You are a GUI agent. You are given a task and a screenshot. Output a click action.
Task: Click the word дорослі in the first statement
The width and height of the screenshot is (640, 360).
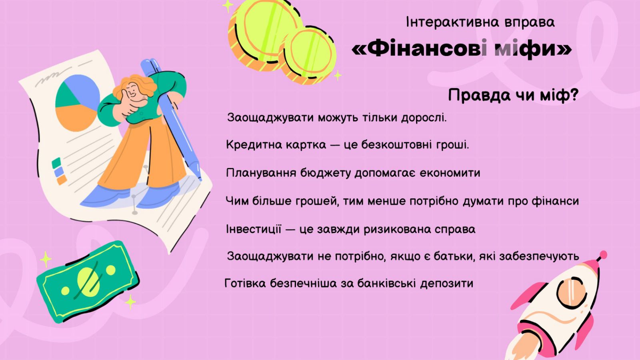424,118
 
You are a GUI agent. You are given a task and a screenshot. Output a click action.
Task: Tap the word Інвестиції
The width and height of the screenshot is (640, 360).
254,229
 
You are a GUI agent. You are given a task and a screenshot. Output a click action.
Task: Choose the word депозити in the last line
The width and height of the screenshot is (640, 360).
446,284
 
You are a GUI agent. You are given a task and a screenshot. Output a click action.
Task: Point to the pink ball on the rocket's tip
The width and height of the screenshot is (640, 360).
603,254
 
